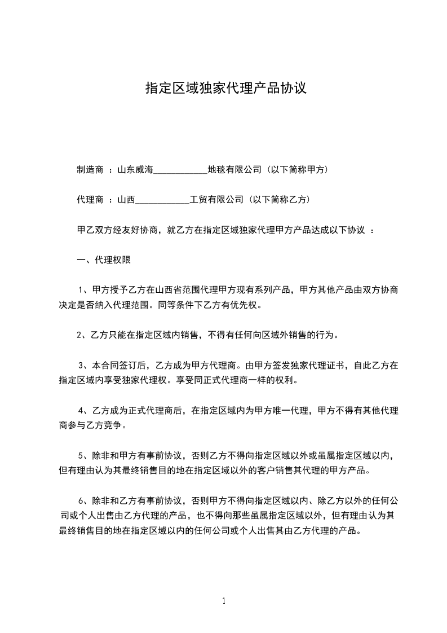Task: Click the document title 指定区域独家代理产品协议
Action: click(226, 88)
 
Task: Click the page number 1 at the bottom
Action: click(224, 600)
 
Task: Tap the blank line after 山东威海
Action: click(180, 169)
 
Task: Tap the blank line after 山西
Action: click(163, 200)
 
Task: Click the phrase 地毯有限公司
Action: click(234, 169)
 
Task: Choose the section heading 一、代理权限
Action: click(104, 261)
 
